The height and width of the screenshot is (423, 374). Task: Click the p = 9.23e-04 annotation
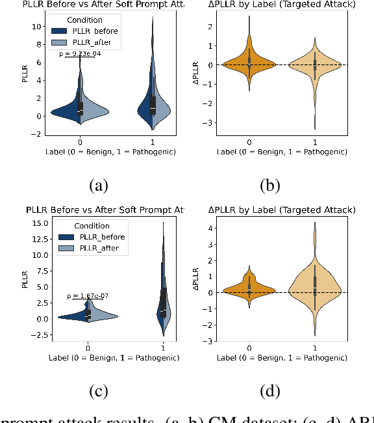click(x=80, y=53)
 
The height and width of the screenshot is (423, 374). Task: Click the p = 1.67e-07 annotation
click(x=88, y=297)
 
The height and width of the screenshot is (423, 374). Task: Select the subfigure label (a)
click(x=98, y=185)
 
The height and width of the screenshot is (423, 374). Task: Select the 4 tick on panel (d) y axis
click(x=210, y=228)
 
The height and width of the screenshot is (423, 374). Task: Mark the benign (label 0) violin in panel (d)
click(x=249, y=290)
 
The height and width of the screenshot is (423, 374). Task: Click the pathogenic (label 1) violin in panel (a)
click(x=153, y=98)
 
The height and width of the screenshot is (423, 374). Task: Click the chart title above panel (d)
click(x=281, y=210)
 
